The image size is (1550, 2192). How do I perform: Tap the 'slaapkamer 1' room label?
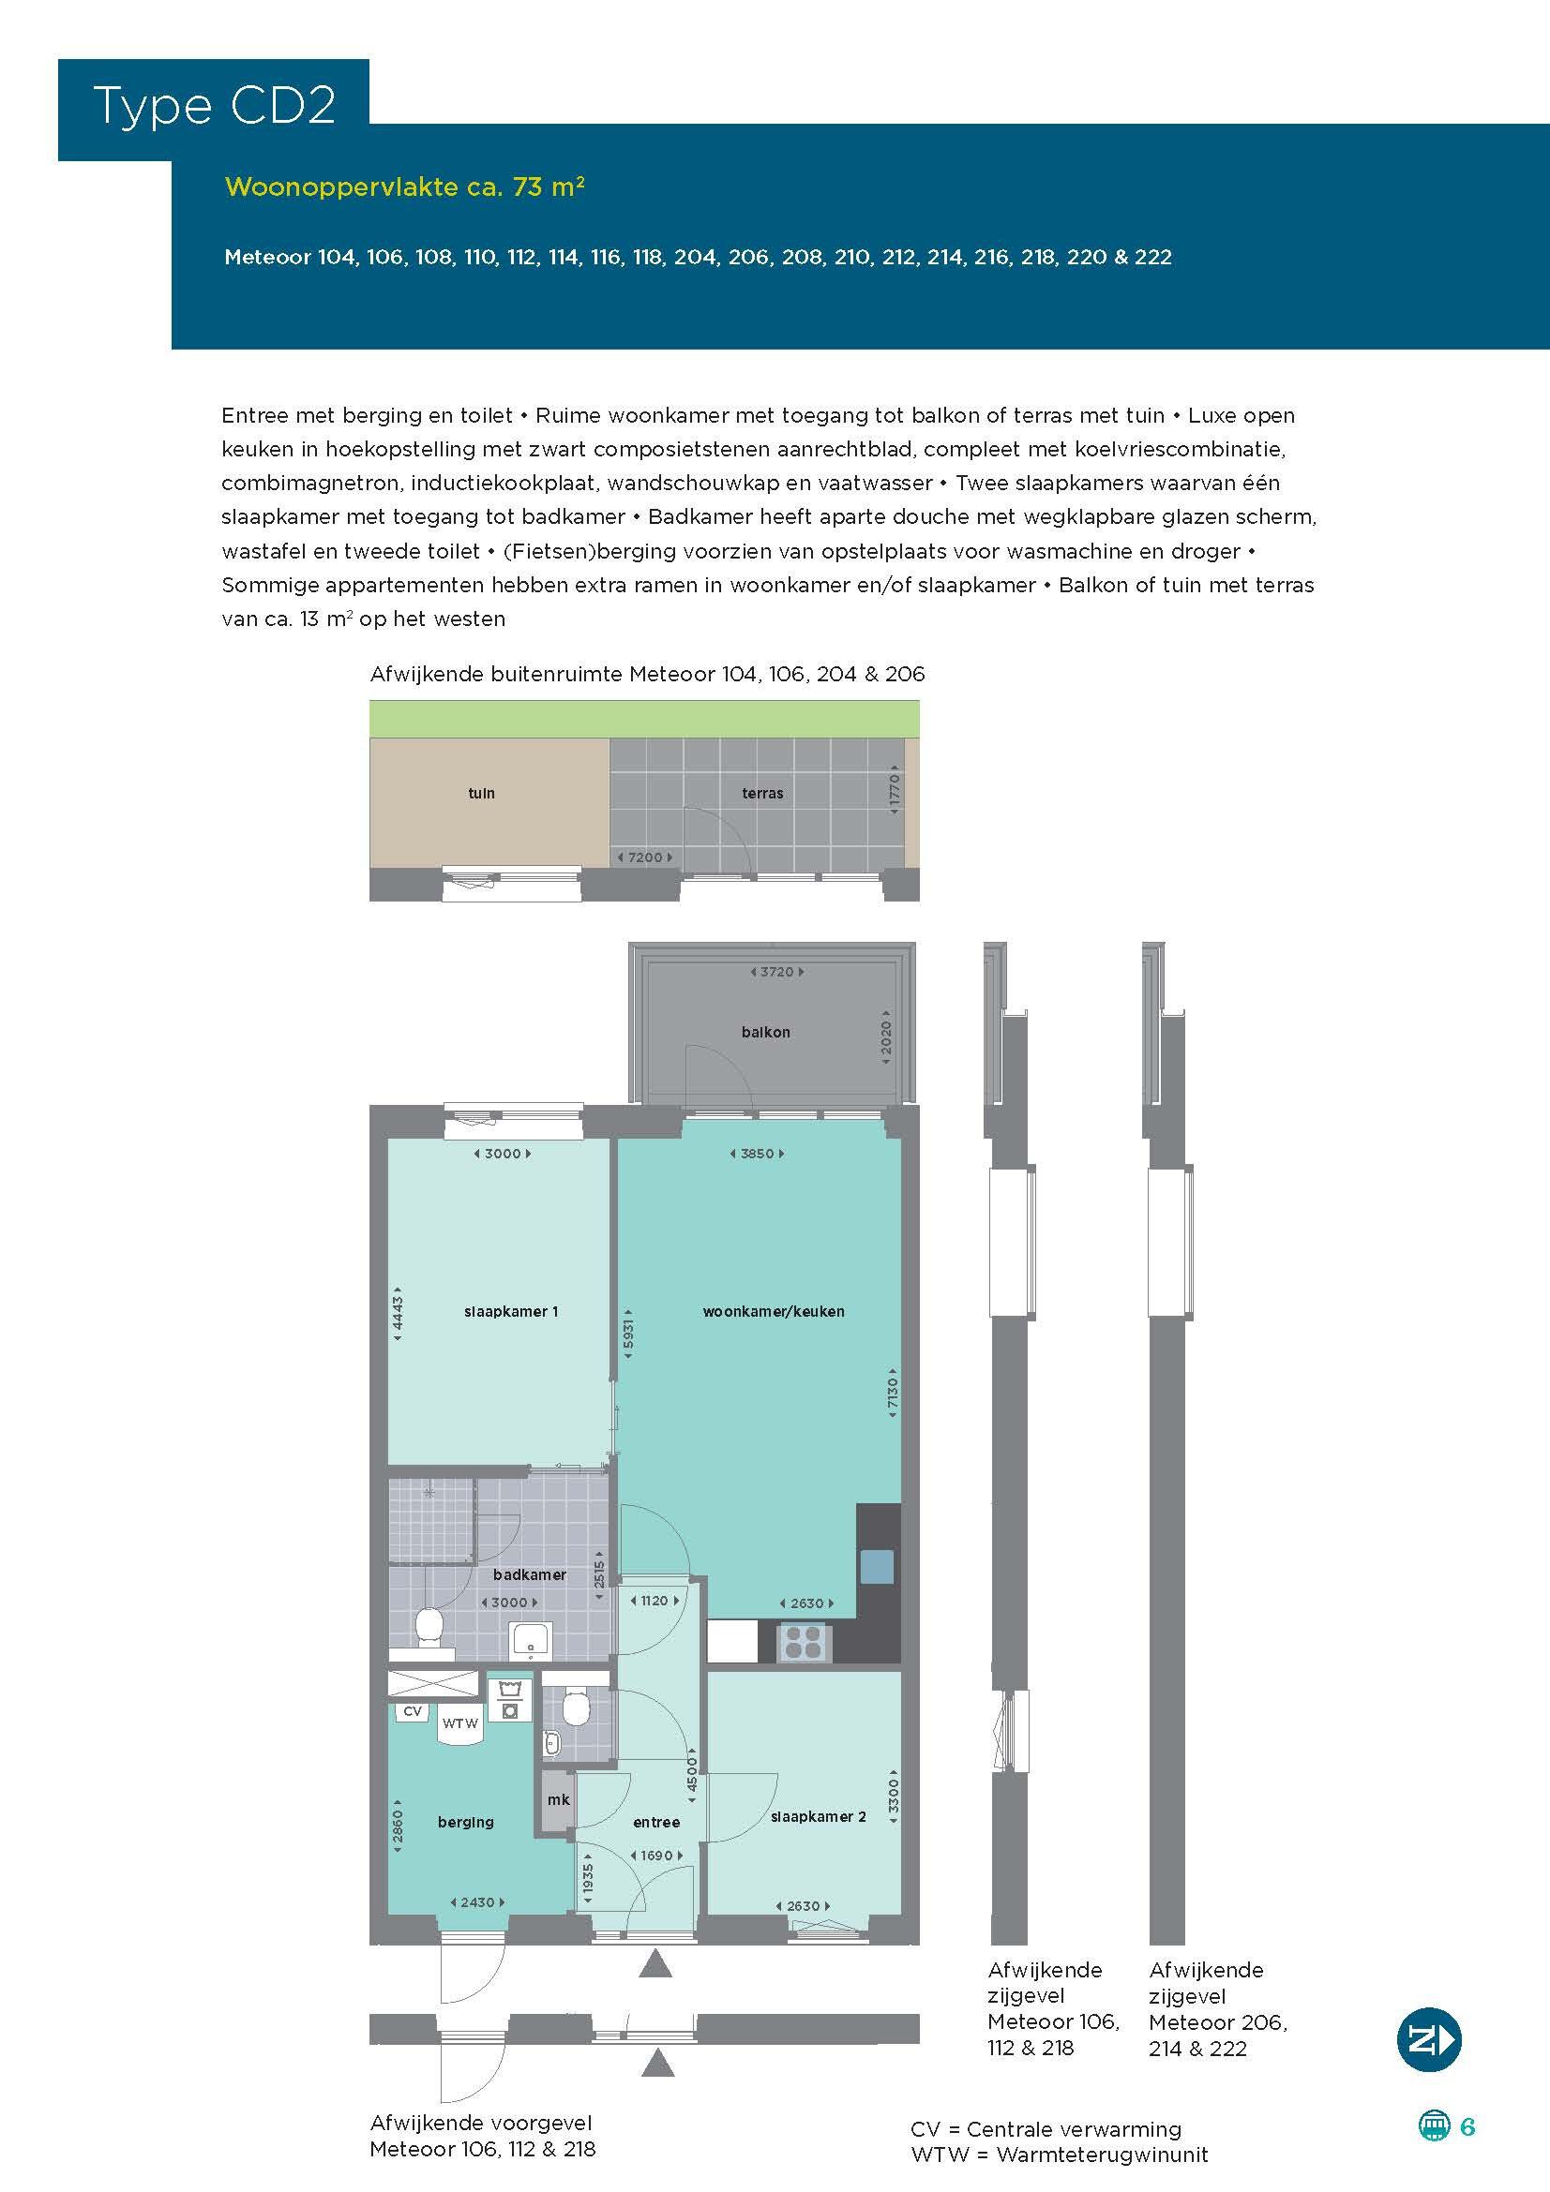click(511, 1312)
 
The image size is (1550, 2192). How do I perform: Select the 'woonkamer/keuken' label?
click(774, 1312)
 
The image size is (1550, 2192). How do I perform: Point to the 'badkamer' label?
click(530, 1574)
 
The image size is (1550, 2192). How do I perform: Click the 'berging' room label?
click(466, 1822)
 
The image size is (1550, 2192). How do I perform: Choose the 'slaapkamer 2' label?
click(819, 1816)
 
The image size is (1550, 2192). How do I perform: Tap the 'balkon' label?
click(766, 1032)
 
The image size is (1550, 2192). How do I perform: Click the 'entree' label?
click(657, 1822)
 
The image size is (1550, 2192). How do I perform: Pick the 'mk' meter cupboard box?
click(558, 1799)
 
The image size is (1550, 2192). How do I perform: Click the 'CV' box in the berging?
click(413, 1711)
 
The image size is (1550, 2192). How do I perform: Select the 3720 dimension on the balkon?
click(775, 972)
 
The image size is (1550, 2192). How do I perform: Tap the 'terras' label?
click(762, 794)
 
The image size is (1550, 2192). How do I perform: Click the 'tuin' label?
click(481, 794)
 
